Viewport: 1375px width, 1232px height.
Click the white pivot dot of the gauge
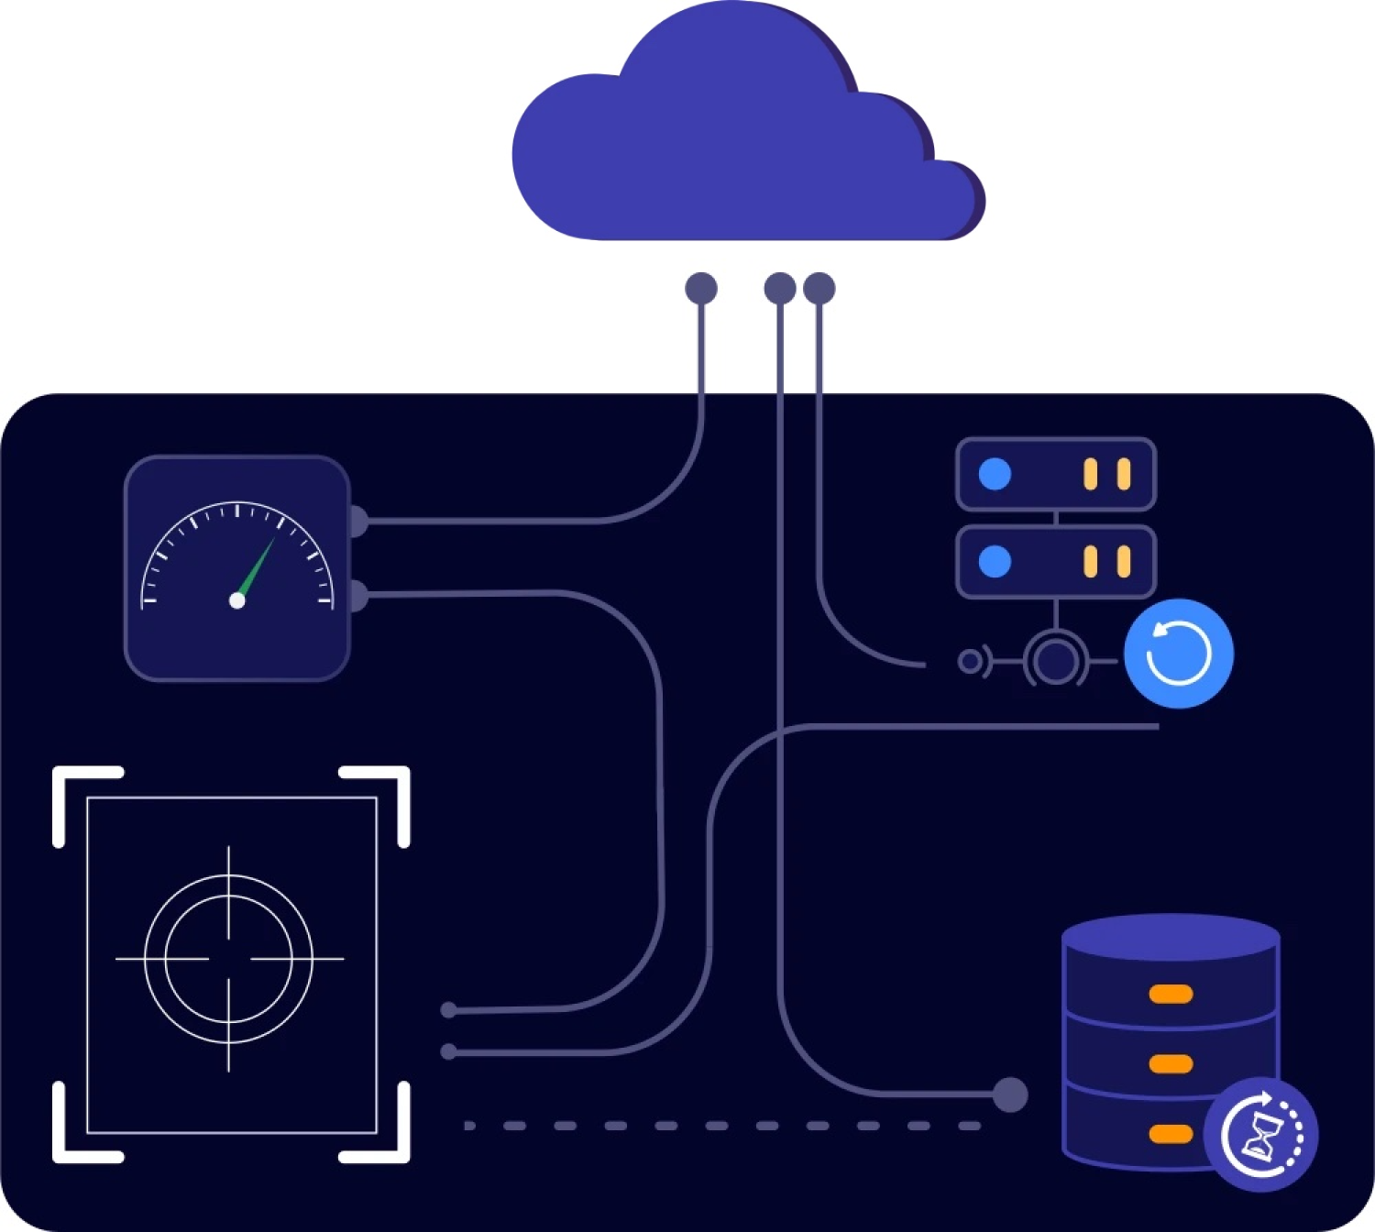(x=237, y=600)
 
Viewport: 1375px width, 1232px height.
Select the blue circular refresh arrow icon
(x=1179, y=654)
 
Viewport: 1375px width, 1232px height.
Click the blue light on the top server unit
(x=995, y=474)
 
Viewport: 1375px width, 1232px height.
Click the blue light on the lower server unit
(x=995, y=561)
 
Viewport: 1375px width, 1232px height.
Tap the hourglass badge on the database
(x=1261, y=1135)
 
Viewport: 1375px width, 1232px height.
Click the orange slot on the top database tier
(x=1171, y=994)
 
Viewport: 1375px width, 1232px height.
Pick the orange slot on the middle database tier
(x=1171, y=1063)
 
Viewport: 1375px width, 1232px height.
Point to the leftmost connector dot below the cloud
(x=701, y=288)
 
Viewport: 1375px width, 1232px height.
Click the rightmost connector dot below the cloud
(x=819, y=288)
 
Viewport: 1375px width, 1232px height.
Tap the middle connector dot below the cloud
(x=780, y=288)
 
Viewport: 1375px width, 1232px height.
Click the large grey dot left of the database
(x=1010, y=1094)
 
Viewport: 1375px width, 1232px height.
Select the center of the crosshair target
(x=229, y=959)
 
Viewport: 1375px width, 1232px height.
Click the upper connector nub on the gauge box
(x=357, y=521)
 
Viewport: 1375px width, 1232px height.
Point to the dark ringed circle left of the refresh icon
(x=1056, y=660)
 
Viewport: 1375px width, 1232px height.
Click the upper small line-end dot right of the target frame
(x=449, y=1010)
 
